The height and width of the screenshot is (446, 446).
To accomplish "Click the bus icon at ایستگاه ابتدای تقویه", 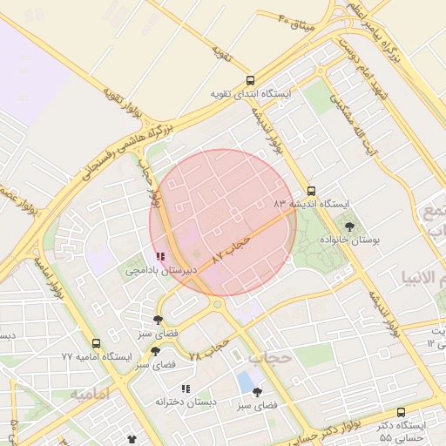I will tap(251, 79).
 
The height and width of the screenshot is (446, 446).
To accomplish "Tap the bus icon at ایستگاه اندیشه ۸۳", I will tap(312, 191).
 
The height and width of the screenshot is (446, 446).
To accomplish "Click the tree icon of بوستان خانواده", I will tap(349, 226).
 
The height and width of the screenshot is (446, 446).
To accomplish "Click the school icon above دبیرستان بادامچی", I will tap(159, 257).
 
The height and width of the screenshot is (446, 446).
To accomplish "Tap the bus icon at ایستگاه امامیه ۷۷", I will tap(96, 344).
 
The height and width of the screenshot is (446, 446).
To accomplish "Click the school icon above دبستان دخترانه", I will tap(185, 389).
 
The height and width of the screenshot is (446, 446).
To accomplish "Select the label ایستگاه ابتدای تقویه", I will tap(252, 92).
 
